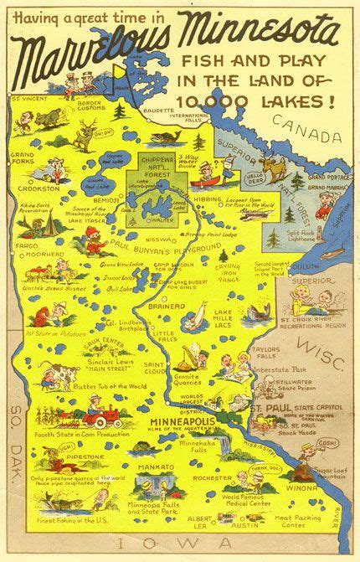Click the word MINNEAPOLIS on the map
(182, 420)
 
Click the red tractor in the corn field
(90, 415)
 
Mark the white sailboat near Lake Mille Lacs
(195, 314)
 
